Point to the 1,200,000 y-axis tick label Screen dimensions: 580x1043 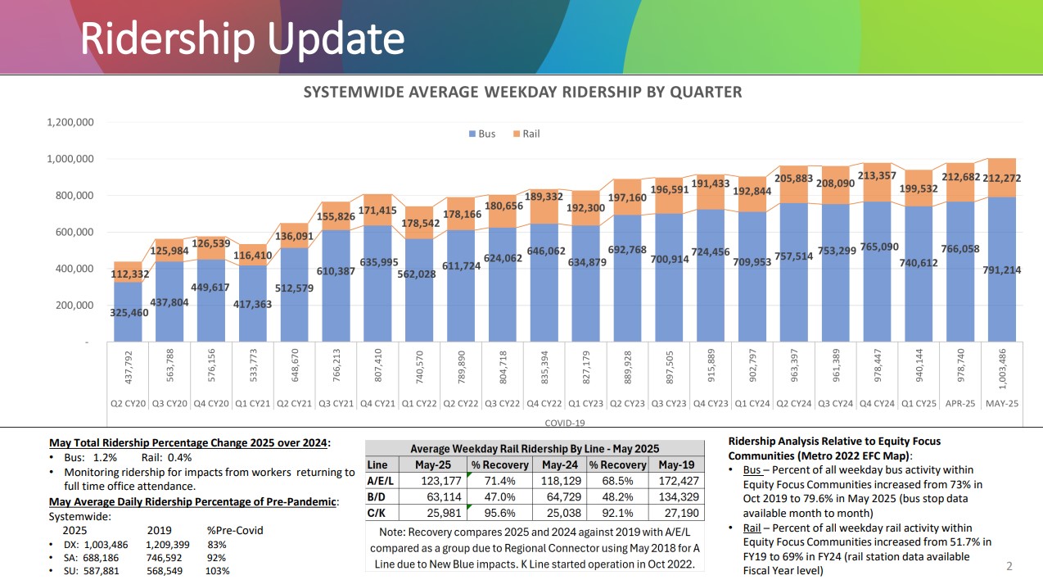(70, 122)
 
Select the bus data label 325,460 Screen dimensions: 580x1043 (129, 312)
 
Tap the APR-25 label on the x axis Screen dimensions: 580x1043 (961, 404)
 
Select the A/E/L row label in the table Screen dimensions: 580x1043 (381, 482)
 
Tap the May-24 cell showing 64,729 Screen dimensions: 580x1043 (560, 497)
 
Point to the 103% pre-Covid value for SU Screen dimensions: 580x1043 (217, 571)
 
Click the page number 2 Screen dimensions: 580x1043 (1009, 566)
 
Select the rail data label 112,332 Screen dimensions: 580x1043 (129, 274)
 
